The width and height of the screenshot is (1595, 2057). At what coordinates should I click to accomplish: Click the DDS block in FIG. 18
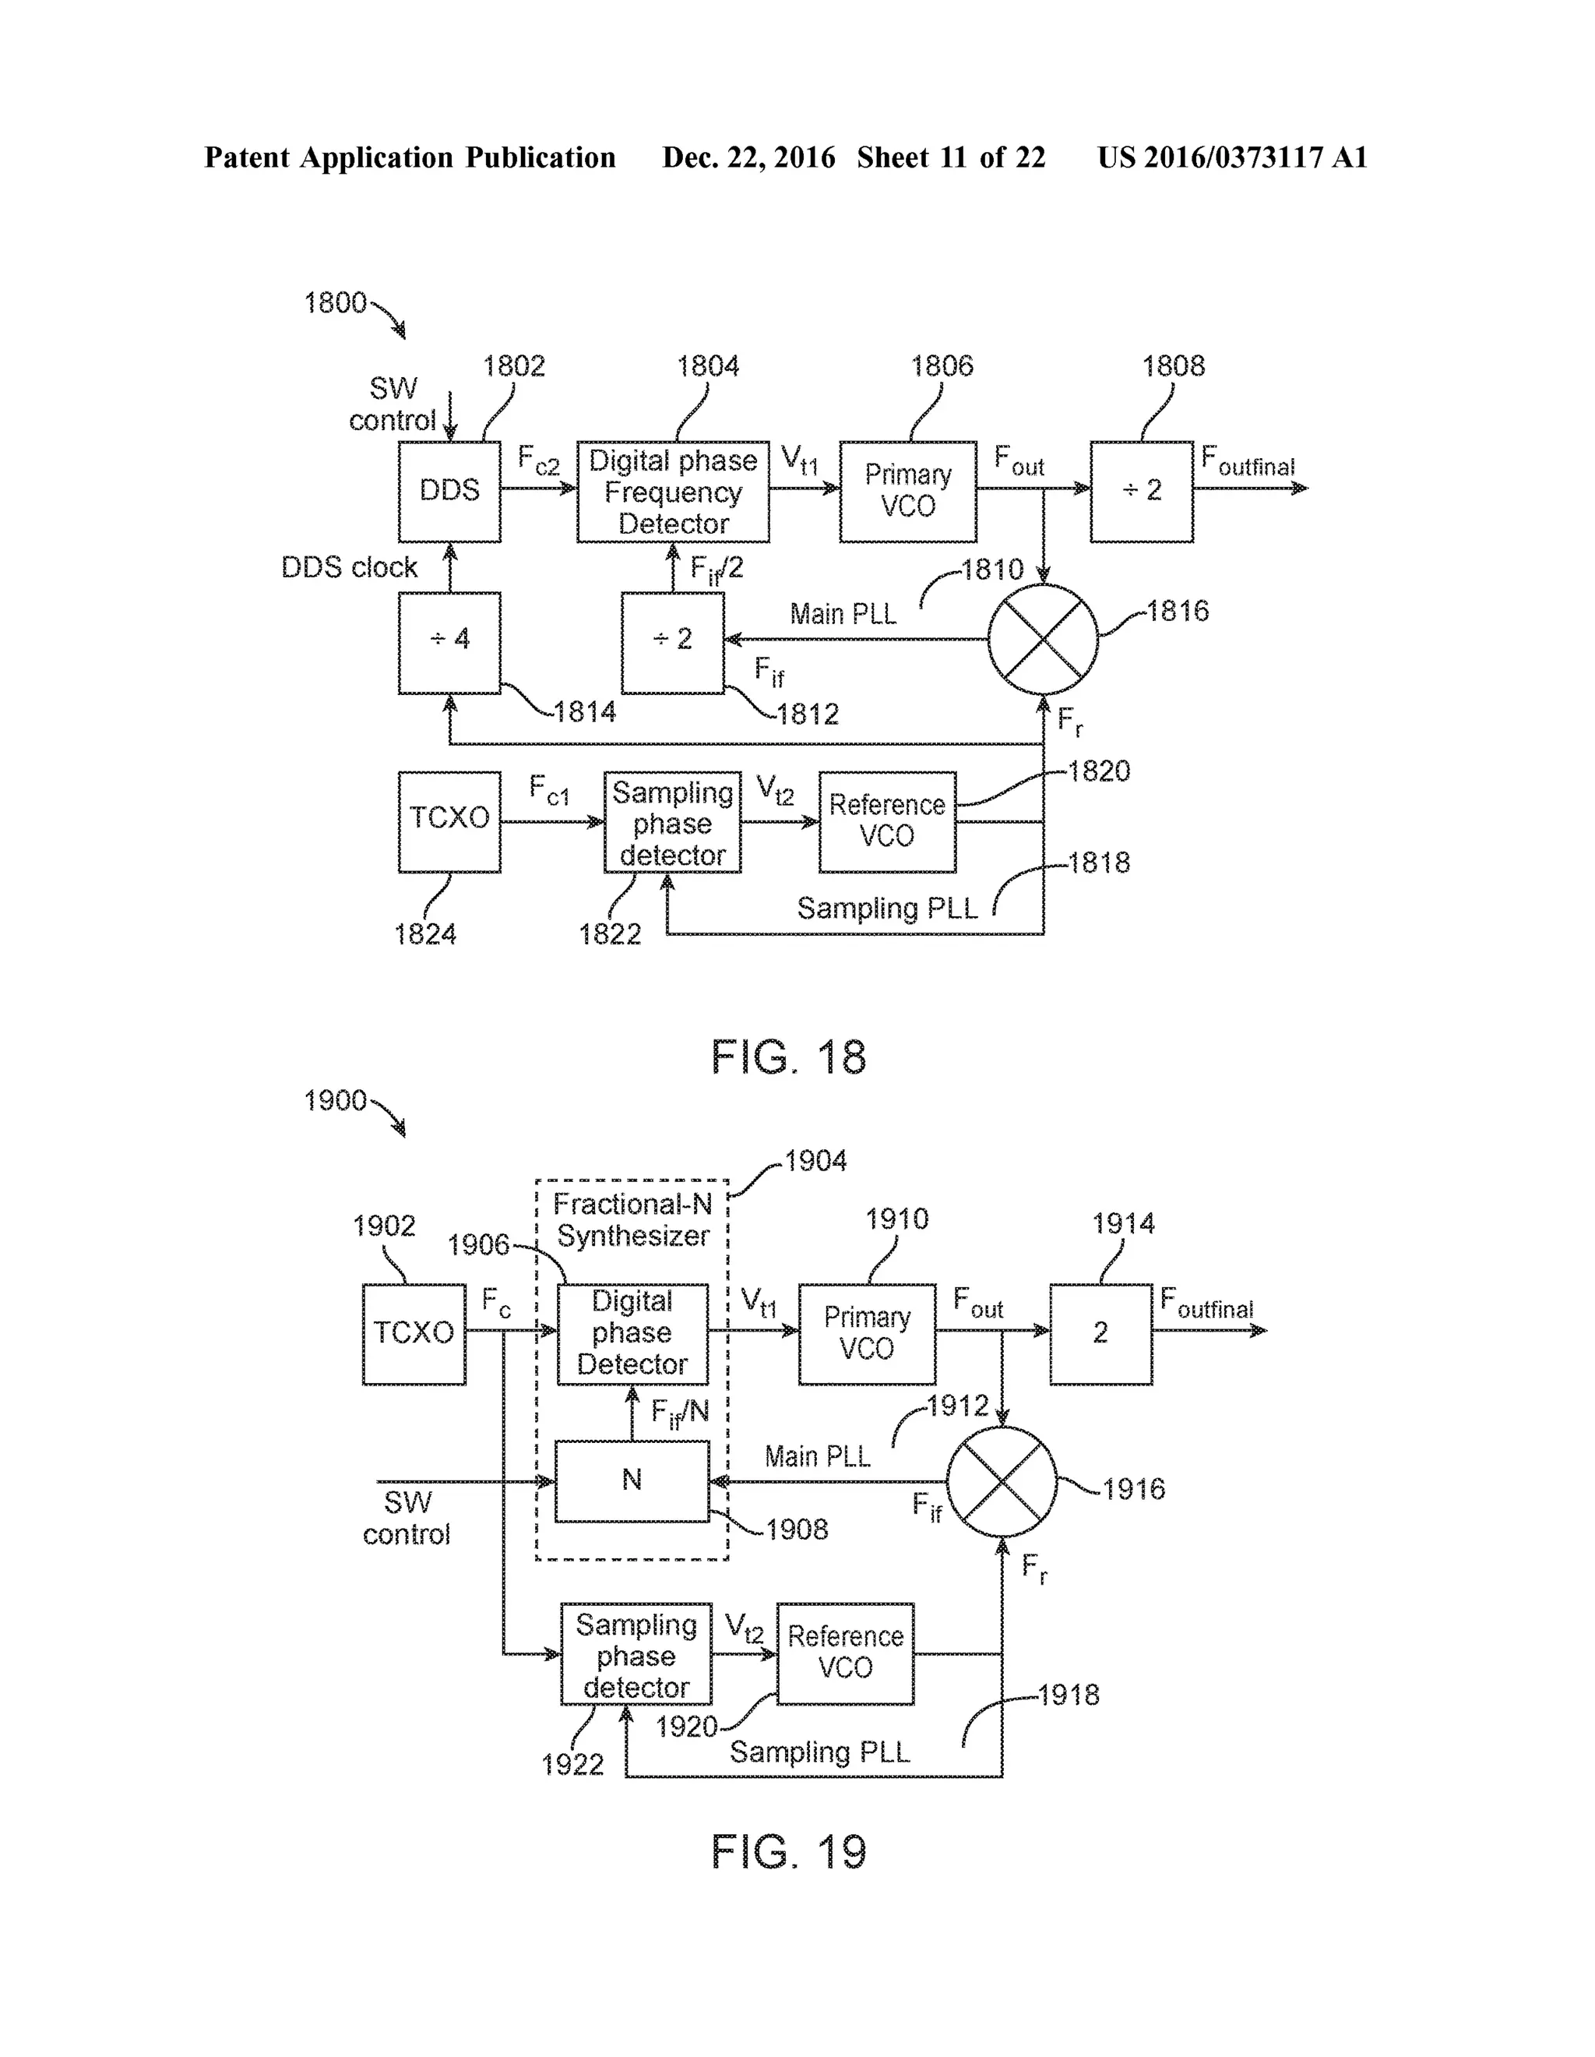click(449, 491)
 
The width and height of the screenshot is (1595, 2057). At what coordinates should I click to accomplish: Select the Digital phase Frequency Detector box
click(672, 491)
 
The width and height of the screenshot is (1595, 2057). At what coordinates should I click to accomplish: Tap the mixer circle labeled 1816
click(1042, 640)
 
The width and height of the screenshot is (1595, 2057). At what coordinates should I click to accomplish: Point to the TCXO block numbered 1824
click(449, 821)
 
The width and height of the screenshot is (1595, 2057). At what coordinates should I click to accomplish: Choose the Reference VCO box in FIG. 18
click(887, 821)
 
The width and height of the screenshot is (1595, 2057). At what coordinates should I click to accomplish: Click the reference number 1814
click(585, 712)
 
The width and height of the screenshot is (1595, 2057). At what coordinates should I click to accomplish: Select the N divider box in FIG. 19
click(632, 1480)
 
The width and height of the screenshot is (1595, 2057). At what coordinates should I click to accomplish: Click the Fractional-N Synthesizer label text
click(632, 1219)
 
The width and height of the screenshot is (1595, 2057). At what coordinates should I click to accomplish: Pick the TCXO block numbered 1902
click(414, 1334)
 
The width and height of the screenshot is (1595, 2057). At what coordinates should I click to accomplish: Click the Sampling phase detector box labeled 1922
click(636, 1655)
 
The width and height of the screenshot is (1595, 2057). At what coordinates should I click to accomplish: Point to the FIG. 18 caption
click(788, 1057)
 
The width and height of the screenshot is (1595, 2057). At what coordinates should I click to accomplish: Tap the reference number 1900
click(335, 1100)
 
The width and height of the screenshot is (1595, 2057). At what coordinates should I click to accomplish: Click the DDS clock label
click(350, 567)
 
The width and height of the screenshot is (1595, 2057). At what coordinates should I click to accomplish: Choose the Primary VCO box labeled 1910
click(866, 1334)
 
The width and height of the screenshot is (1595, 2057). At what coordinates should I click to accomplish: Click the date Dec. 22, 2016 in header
click(748, 157)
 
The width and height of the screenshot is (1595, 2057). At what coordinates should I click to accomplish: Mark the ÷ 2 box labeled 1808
click(1141, 491)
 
